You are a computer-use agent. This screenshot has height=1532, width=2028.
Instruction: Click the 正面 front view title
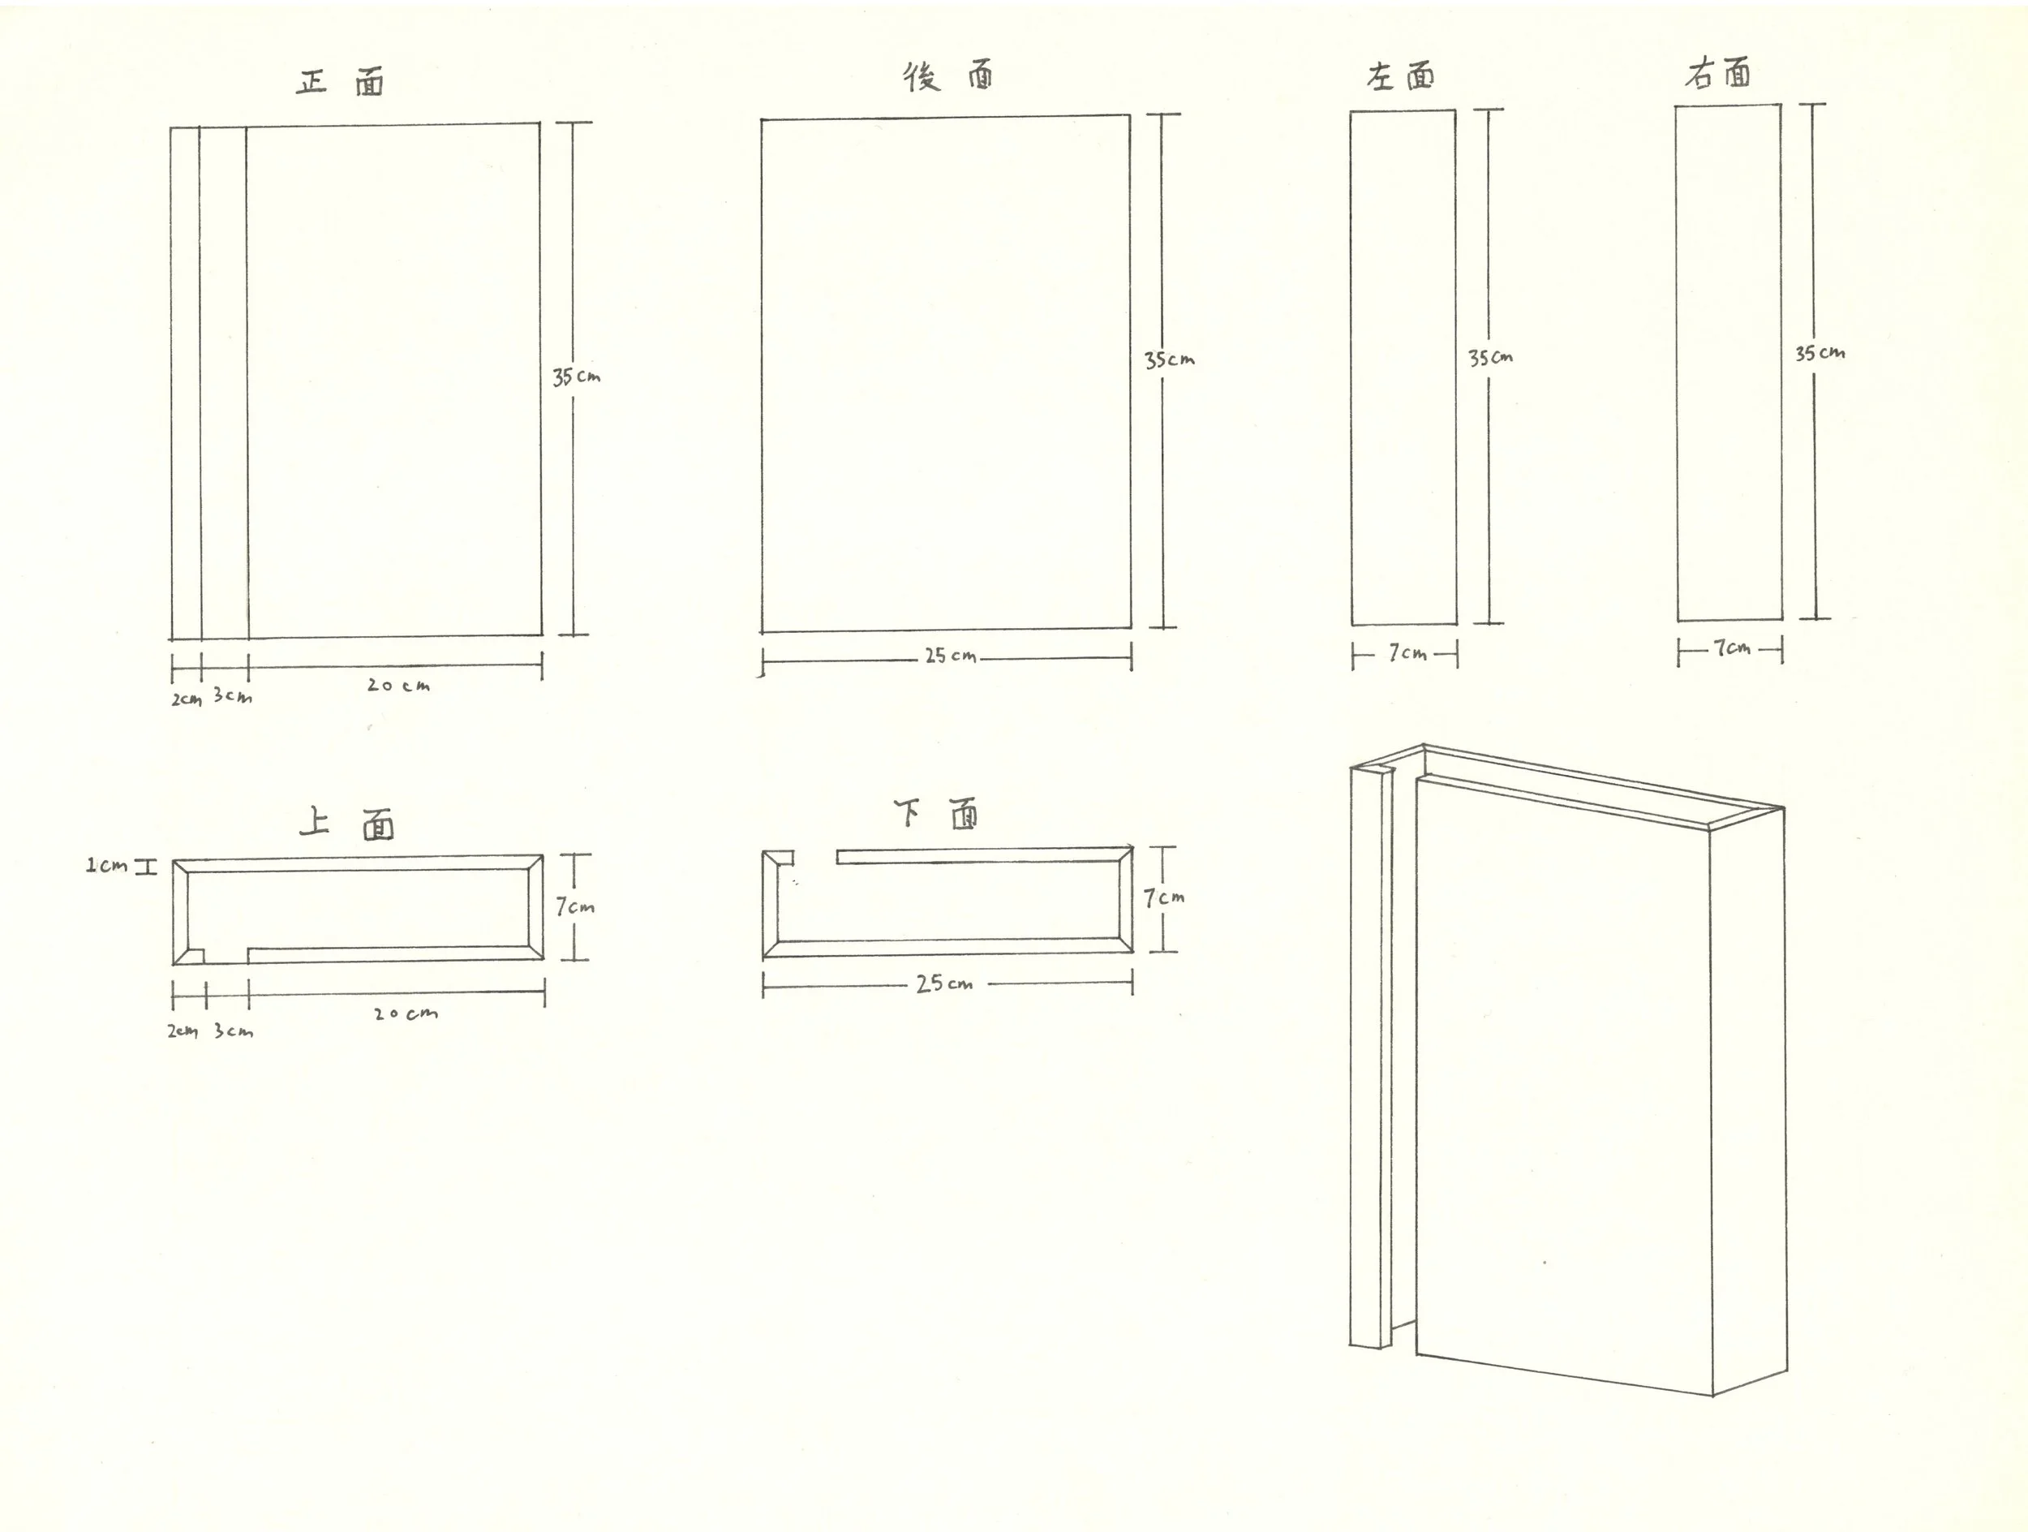click(x=340, y=83)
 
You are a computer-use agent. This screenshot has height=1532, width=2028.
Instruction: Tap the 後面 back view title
click(x=948, y=77)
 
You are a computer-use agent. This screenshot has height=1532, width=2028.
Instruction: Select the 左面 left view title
click(x=1400, y=77)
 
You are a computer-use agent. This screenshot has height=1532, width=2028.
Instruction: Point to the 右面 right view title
click(x=1717, y=73)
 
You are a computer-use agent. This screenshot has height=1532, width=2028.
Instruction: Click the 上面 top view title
click(x=347, y=824)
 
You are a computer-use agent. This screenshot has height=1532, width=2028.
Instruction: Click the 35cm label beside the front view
click(x=576, y=377)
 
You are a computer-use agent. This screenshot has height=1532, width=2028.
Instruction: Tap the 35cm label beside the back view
click(x=1169, y=359)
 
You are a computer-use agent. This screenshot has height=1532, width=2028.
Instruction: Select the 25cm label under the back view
click(x=950, y=656)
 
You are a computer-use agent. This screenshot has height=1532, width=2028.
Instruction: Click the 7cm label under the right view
click(x=1732, y=648)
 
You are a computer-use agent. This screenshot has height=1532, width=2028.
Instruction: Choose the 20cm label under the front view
click(x=398, y=685)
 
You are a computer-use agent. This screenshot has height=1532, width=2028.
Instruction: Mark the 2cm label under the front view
click(x=186, y=699)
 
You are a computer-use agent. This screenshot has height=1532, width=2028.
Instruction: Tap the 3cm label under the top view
click(x=234, y=1031)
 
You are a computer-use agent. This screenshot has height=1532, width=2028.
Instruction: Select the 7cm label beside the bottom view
click(x=1163, y=897)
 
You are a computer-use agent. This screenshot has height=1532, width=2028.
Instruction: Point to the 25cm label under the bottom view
click(x=944, y=983)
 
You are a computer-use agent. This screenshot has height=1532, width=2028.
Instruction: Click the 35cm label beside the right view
click(x=1820, y=353)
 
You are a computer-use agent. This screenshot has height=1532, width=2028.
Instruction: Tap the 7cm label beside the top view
click(x=575, y=906)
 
